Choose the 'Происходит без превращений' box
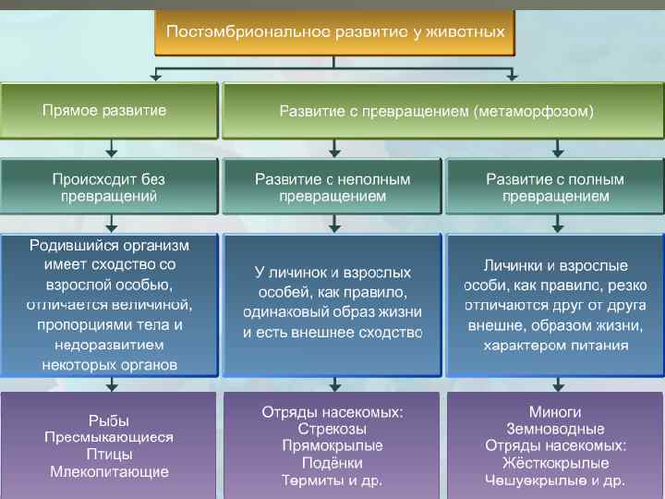click(x=108, y=188)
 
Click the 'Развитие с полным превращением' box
click(x=555, y=188)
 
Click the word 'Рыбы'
click(x=108, y=420)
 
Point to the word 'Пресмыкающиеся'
click(x=108, y=437)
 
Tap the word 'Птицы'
click(x=108, y=455)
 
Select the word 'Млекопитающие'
click(x=108, y=471)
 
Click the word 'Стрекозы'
click(x=332, y=429)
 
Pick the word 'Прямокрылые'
click(x=332, y=445)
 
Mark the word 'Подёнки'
click(x=332, y=463)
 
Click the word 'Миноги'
click(x=555, y=412)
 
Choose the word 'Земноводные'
click(x=555, y=429)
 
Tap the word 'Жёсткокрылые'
click(x=555, y=463)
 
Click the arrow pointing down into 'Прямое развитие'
click(x=158, y=75)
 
